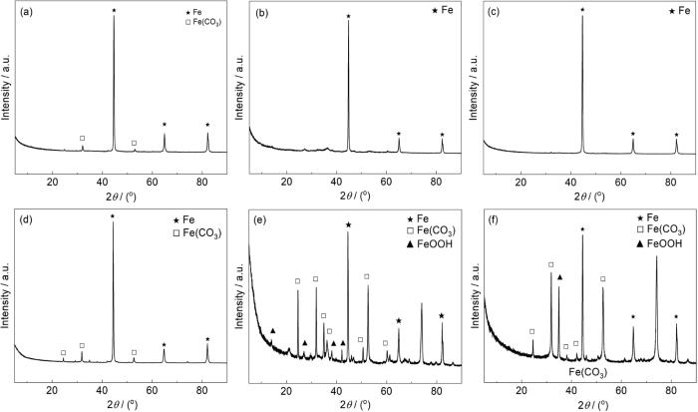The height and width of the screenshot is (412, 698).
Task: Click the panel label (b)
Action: click(263, 13)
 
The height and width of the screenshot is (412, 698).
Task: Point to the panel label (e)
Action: click(263, 217)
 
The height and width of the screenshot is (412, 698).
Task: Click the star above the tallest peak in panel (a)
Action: click(114, 11)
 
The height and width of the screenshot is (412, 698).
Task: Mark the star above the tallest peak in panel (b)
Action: click(348, 16)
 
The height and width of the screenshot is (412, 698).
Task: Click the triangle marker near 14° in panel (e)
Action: click(273, 330)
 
